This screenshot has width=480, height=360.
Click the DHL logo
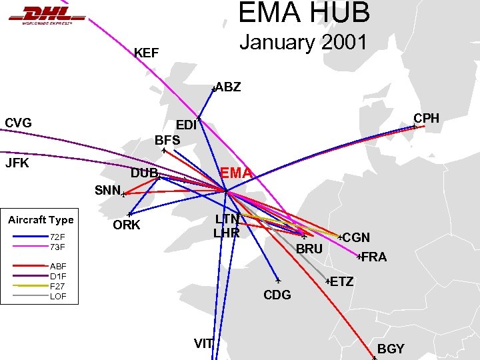tap(47, 14)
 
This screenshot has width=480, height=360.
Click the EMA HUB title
tap(303, 13)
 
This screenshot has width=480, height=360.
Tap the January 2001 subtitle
tap(303, 43)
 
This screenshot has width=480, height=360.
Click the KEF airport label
tap(146, 53)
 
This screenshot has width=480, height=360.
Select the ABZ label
tap(228, 87)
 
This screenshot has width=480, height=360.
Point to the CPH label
tap(427, 118)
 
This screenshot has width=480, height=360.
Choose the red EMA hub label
tap(237, 174)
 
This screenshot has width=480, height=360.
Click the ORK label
tap(127, 225)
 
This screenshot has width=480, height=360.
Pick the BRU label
tap(309, 249)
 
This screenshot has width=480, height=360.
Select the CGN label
tap(357, 238)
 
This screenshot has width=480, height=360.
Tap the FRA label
tap(373, 257)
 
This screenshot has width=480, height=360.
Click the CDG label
tap(277, 294)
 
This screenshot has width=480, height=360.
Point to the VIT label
tap(203, 343)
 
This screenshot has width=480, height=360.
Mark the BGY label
tap(391, 349)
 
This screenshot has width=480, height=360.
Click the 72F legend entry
tap(57, 237)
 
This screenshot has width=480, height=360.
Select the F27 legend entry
tap(57, 286)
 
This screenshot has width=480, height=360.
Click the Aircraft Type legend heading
tap(41, 220)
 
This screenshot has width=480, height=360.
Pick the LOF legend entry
tap(58, 296)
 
